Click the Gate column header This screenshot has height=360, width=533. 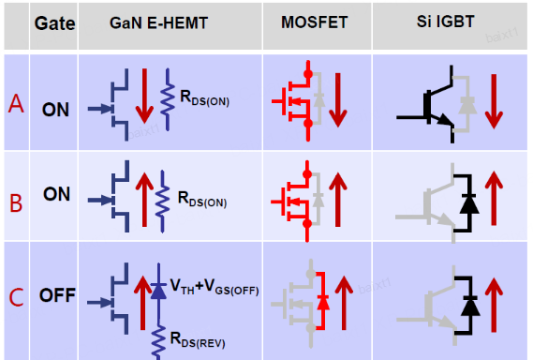pyautogui.click(x=54, y=23)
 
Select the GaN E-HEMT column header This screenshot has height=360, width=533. pyautogui.click(x=158, y=23)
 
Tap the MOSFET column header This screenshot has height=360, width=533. pyautogui.click(x=315, y=22)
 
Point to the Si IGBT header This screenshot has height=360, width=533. pyautogui.click(x=445, y=22)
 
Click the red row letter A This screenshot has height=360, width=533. pyautogui.click(x=16, y=103)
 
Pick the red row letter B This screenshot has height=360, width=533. pyautogui.click(x=16, y=203)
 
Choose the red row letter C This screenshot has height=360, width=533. pyautogui.click(x=16, y=297)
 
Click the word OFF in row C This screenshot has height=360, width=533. pyautogui.click(x=57, y=295)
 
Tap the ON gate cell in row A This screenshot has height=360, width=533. pyautogui.click(x=55, y=110)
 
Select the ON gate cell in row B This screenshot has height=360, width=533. pyautogui.click(x=56, y=194)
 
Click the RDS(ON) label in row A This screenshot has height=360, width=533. pyautogui.click(x=204, y=98)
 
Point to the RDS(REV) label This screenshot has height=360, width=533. pyautogui.click(x=198, y=339)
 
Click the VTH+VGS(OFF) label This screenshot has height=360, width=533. pyautogui.click(x=215, y=287)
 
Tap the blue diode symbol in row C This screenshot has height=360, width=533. pyautogui.click(x=158, y=291)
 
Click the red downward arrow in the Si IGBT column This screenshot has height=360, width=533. pyautogui.click(x=494, y=101)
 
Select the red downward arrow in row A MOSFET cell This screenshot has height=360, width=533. pyautogui.click(x=337, y=100)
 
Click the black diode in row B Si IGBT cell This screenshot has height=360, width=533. pyautogui.click(x=469, y=203)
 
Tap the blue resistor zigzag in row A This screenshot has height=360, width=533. pyautogui.click(x=168, y=99)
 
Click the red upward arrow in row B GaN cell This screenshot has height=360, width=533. pyautogui.click(x=144, y=200)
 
